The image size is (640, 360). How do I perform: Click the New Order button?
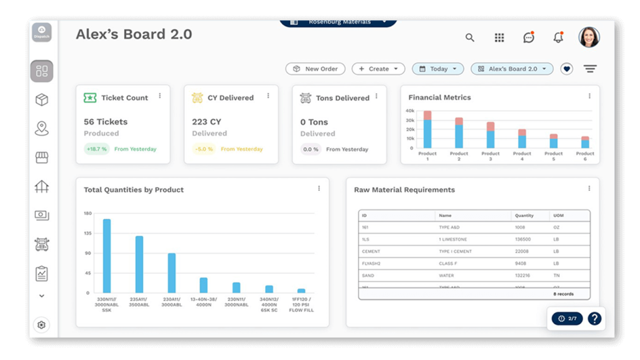pyautogui.click(x=315, y=69)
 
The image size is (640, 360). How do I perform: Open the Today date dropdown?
pyautogui.click(x=438, y=69)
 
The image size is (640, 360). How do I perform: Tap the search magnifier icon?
pyautogui.click(x=470, y=38)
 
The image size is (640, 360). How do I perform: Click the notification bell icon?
pyautogui.click(x=558, y=38)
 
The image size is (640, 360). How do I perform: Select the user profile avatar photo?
pyautogui.click(x=589, y=37)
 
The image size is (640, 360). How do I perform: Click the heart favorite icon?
pyautogui.click(x=566, y=69)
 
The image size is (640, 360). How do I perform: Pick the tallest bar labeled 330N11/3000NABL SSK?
pyautogui.click(x=107, y=255)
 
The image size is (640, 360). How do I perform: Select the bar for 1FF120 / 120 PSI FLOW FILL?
pyautogui.click(x=301, y=290)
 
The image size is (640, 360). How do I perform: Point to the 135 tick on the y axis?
pyautogui.click(x=88, y=233)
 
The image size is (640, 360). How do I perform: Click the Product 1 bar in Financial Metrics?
pyautogui.click(x=427, y=129)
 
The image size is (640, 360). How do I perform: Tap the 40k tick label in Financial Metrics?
pyautogui.click(x=410, y=111)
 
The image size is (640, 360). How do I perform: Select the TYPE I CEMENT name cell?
pyautogui.click(x=455, y=251)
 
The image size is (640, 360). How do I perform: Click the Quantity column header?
pyautogui.click(x=524, y=215)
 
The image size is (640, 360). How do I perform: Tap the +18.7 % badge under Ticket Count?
pyautogui.click(x=97, y=149)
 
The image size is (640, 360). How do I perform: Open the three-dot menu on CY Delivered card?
pyautogui.click(x=268, y=96)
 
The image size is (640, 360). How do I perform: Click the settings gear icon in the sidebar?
pyautogui.click(x=42, y=325)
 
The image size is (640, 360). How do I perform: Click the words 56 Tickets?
pyautogui.click(x=106, y=122)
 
